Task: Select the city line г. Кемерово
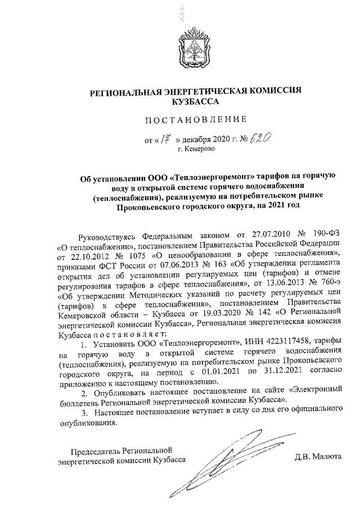(x=196, y=148)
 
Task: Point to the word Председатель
(x=97, y=451)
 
